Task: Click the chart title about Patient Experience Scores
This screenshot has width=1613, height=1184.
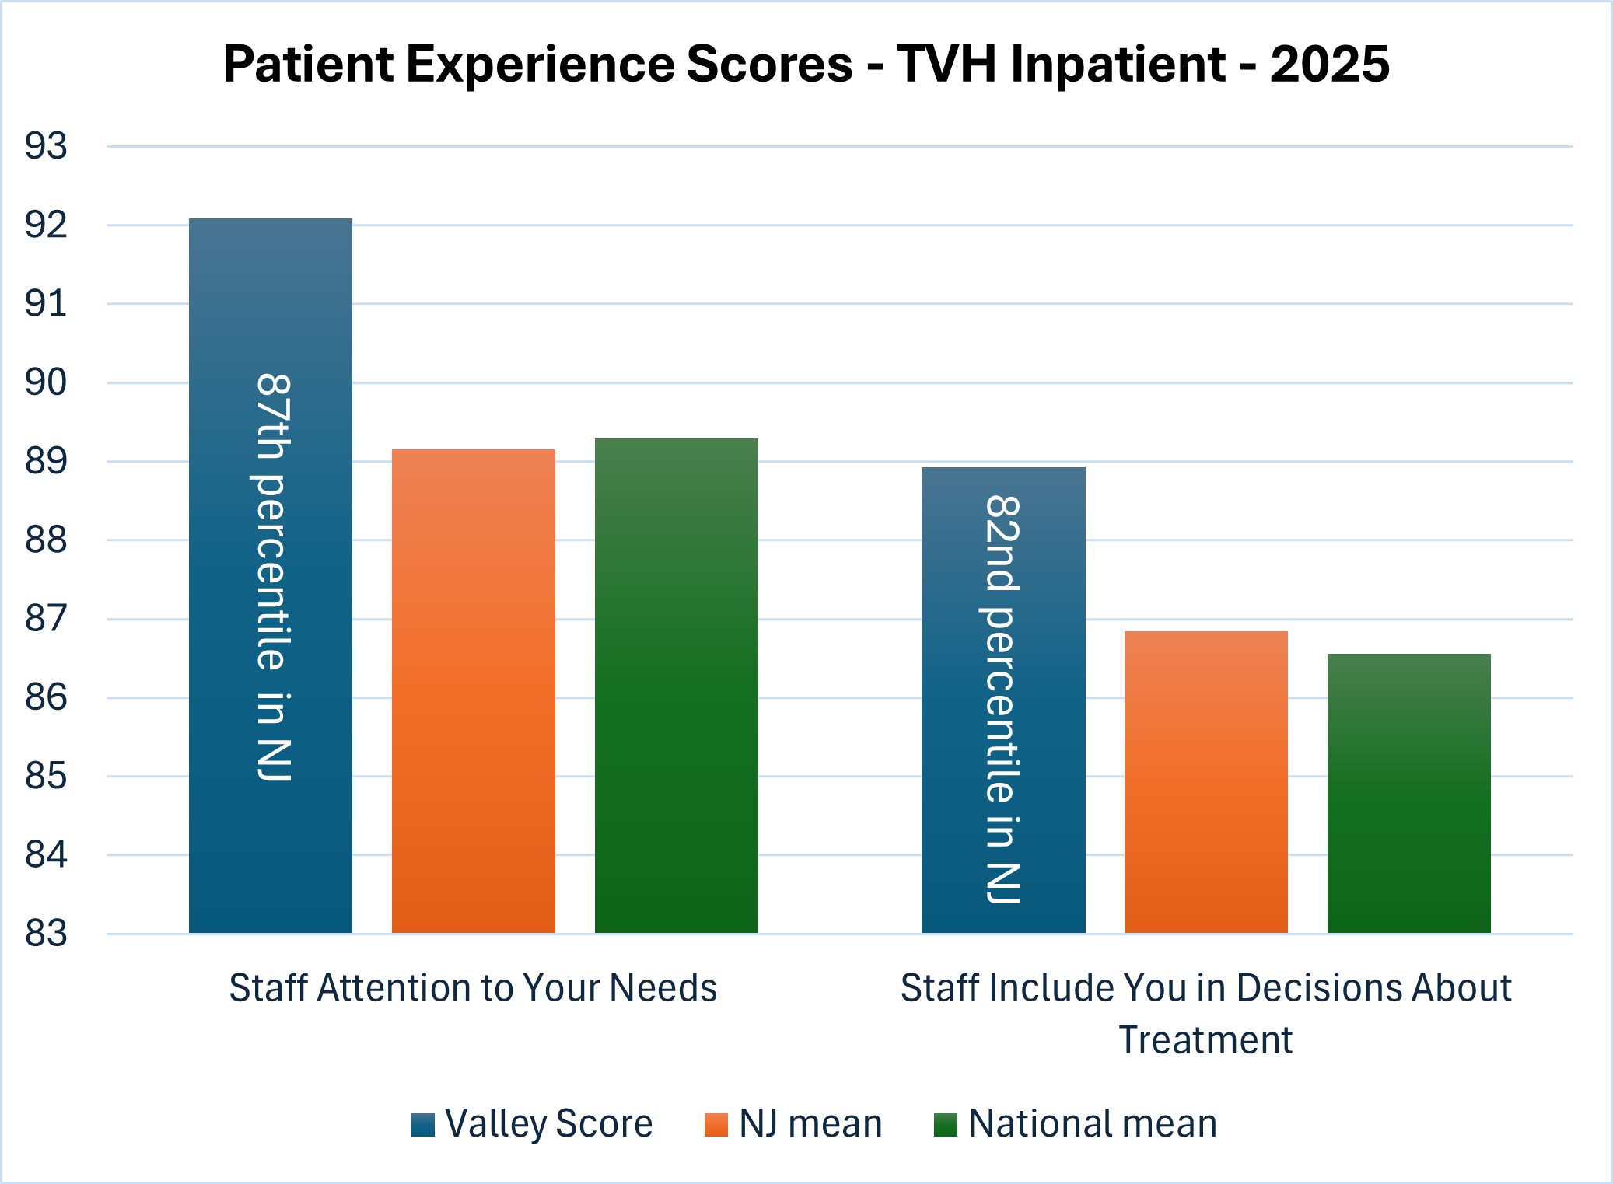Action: tap(806, 64)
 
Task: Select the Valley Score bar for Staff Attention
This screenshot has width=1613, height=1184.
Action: tap(271, 575)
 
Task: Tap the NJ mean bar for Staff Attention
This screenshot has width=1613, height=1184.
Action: tap(474, 691)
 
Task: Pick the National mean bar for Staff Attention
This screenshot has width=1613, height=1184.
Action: tap(677, 686)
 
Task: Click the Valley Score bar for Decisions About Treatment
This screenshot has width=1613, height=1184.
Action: tap(1003, 700)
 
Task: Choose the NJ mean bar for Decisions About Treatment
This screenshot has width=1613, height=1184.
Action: tap(1206, 782)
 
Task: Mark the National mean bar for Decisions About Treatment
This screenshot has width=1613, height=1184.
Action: tap(1409, 793)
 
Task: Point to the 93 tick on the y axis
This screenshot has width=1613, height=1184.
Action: tap(47, 146)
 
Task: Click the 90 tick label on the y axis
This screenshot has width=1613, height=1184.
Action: tap(47, 382)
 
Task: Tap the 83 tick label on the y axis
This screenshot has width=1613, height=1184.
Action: tap(47, 933)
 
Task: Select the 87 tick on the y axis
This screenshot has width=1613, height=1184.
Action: tap(47, 619)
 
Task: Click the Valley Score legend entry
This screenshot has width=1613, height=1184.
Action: tap(532, 1124)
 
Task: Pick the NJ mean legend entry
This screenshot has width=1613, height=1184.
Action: tap(793, 1124)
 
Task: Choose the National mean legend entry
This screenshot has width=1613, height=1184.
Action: tap(1076, 1124)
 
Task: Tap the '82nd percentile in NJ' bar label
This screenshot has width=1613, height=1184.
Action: tap(1003, 700)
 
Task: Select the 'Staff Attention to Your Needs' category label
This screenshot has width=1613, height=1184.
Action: tap(473, 988)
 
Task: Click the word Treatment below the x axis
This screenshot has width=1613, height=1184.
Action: tap(1205, 1040)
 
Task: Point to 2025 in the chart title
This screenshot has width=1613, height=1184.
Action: tap(1330, 64)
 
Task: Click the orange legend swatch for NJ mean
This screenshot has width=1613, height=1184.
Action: tap(716, 1125)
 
